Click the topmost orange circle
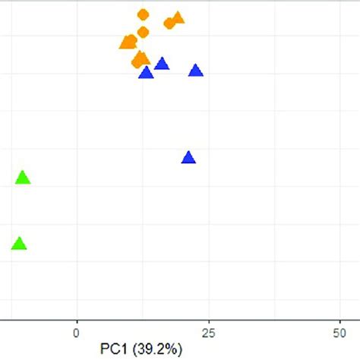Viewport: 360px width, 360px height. (x=143, y=14)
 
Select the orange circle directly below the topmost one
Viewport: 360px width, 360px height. (x=143, y=31)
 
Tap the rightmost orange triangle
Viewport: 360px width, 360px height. (x=178, y=18)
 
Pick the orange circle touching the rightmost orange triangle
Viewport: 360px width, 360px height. (x=169, y=24)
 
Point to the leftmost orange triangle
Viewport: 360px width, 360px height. (x=126, y=43)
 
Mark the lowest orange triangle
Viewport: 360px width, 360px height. (x=141, y=58)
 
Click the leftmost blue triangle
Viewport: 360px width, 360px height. (x=146, y=73)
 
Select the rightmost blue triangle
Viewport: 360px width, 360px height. (x=195, y=71)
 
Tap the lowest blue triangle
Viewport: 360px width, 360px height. (x=188, y=158)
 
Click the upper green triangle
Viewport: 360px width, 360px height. (x=23, y=178)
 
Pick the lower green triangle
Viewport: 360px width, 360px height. (x=19, y=244)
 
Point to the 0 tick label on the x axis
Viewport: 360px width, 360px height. (x=76, y=332)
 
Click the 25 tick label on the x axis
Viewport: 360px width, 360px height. (x=209, y=332)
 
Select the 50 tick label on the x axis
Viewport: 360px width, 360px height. (x=341, y=332)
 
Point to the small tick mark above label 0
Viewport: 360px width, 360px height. (x=76, y=322)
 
